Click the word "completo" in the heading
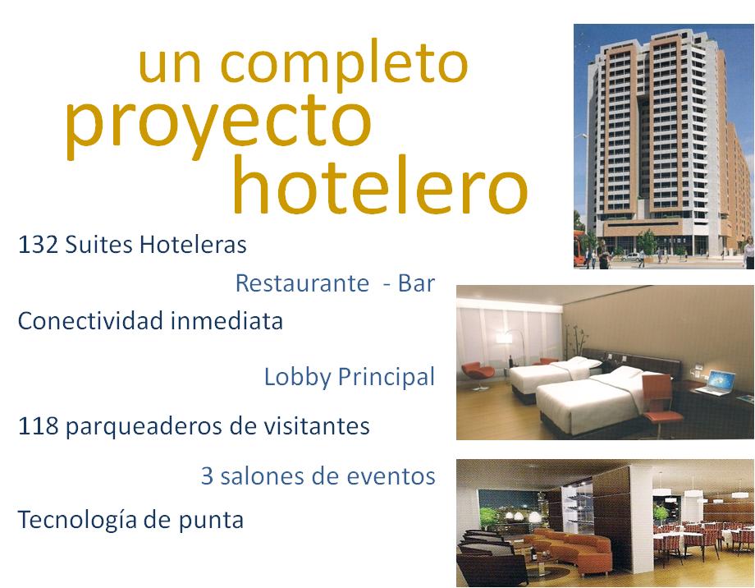click(344, 66)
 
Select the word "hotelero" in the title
click(381, 185)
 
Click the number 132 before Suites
click(38, 245)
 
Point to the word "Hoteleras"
click(193, 245)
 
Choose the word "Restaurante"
click(302, 283)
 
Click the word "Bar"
click(417, 283)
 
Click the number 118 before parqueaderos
click(38, 426)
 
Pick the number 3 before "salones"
click(207, 476)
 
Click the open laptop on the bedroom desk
click(716, 383)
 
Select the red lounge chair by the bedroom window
click(477, 374)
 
